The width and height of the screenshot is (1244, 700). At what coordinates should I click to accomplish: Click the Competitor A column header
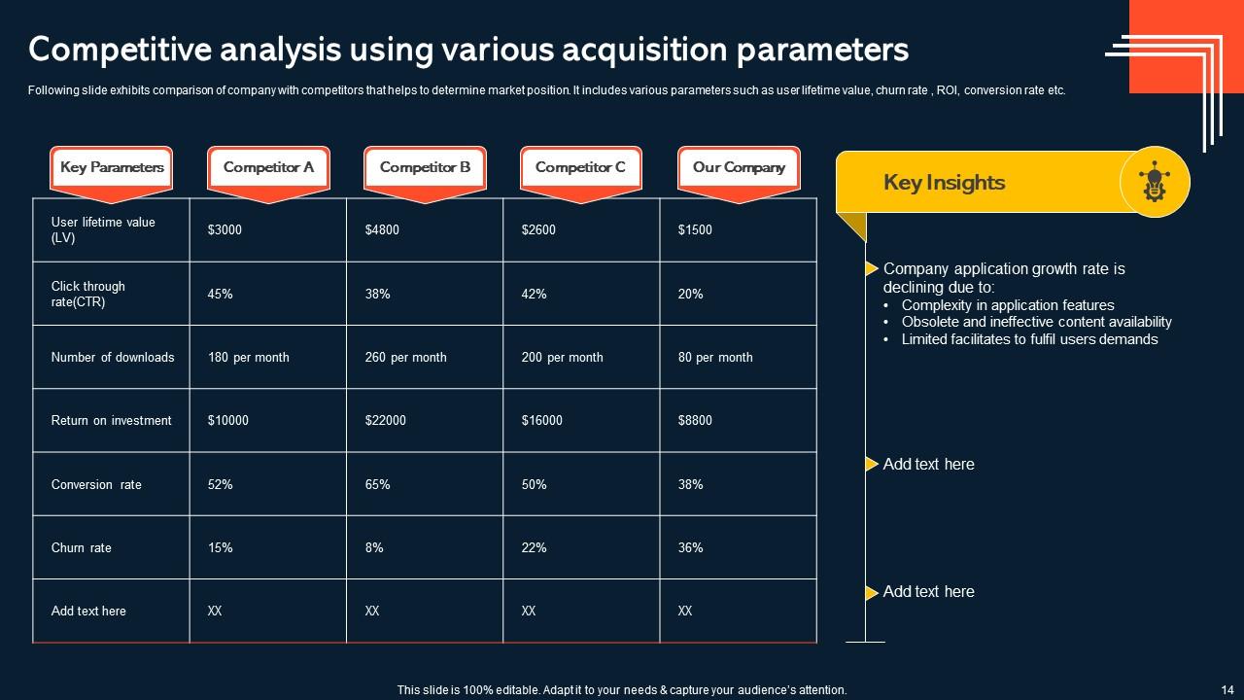tap(268, 167)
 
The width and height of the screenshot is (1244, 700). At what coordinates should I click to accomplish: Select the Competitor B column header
tap(425, 167)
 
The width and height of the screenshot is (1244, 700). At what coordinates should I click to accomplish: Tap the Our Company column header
tap(739, 167)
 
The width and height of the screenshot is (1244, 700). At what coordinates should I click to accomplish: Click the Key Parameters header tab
tap(112, 167)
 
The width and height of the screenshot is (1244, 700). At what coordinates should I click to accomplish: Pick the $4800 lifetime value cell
tap(382, 230)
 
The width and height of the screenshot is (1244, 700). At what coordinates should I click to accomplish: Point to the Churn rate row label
tap(82, 548)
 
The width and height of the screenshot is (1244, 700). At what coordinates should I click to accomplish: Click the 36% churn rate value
tap(690, 548)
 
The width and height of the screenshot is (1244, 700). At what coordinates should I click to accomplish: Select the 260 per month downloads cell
tap(405, 358)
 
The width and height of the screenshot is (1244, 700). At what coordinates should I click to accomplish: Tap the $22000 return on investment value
tap(386, 421)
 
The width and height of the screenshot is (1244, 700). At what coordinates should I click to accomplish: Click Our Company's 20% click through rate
tap(690, 295)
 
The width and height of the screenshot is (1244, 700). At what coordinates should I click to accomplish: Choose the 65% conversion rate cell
tap(377, 485)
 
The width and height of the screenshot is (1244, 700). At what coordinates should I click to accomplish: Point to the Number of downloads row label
tap(113, 358)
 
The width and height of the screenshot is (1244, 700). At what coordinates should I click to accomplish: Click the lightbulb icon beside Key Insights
tap(1154, 182)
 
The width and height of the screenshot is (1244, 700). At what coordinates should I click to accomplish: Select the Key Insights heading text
tap(944, 183)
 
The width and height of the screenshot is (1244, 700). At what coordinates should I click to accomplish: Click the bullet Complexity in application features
tap(1007, 305)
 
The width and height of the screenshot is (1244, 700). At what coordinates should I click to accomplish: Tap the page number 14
tap(1226, 689)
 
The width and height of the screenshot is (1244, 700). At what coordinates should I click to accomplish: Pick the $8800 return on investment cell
tap(695, 421)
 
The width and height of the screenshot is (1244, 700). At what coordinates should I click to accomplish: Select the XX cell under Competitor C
tap(529, 612)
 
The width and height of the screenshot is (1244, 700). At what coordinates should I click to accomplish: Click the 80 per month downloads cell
tap(715, 358)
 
